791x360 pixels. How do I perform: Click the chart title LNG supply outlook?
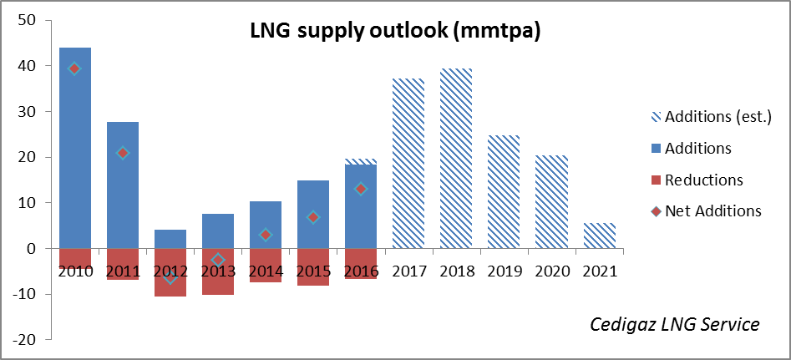click(x=396, y=31)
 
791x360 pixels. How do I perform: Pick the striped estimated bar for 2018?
click(x=456, y=159)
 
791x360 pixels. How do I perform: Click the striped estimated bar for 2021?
click(x=600, y=236)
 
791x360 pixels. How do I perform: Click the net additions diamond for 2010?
click(x=75, y=68)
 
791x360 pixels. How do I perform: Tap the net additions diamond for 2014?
click(x=266, y=235)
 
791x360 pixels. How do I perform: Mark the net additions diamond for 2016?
click(x=361, y=189)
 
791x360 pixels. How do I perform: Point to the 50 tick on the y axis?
click(x=28, y=20)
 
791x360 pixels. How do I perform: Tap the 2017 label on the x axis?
click(x=408, y=271)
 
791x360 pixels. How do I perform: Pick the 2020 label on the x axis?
click(x=552, y=271)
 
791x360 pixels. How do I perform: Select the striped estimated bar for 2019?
click(x=504, y=192)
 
